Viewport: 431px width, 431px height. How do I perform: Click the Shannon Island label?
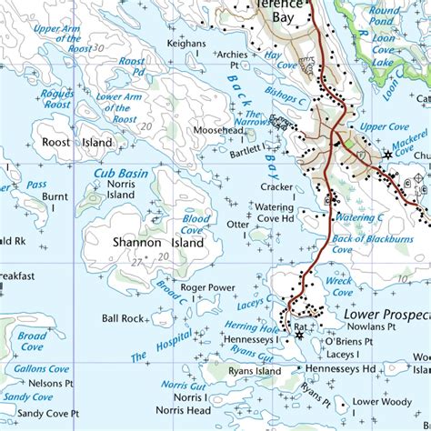(145, 243)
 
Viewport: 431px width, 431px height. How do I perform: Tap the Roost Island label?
(72, 143)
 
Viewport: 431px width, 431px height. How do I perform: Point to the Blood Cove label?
(195, 225)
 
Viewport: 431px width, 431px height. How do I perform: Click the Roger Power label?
(207, 287)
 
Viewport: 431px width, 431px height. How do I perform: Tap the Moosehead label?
(217, 130)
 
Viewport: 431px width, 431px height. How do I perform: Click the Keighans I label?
(188, 48)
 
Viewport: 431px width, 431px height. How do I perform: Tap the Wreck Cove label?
(338, 286)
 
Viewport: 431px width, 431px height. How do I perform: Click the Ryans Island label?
(255, 371)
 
